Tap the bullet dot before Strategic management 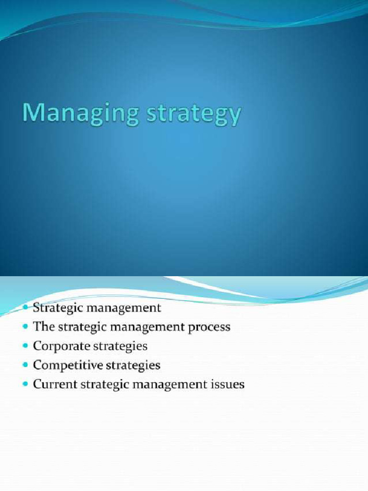pos(26,307)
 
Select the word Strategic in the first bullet pos(54,308)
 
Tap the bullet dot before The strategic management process pos(26,327)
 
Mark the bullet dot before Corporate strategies pos(26,346)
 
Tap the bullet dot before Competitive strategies pos(26,365)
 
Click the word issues pos(228,384)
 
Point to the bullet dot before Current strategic pos(26,384)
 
